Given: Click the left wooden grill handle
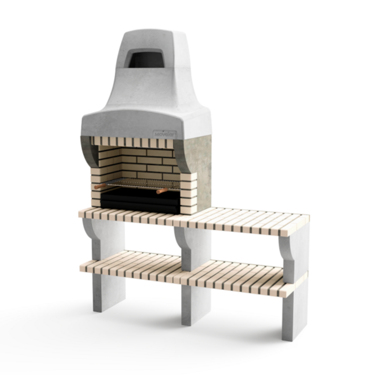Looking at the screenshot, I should [x=100, y=186].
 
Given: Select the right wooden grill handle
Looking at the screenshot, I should [x=162, y=191].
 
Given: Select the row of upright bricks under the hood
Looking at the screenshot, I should [x=131, y=142].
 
